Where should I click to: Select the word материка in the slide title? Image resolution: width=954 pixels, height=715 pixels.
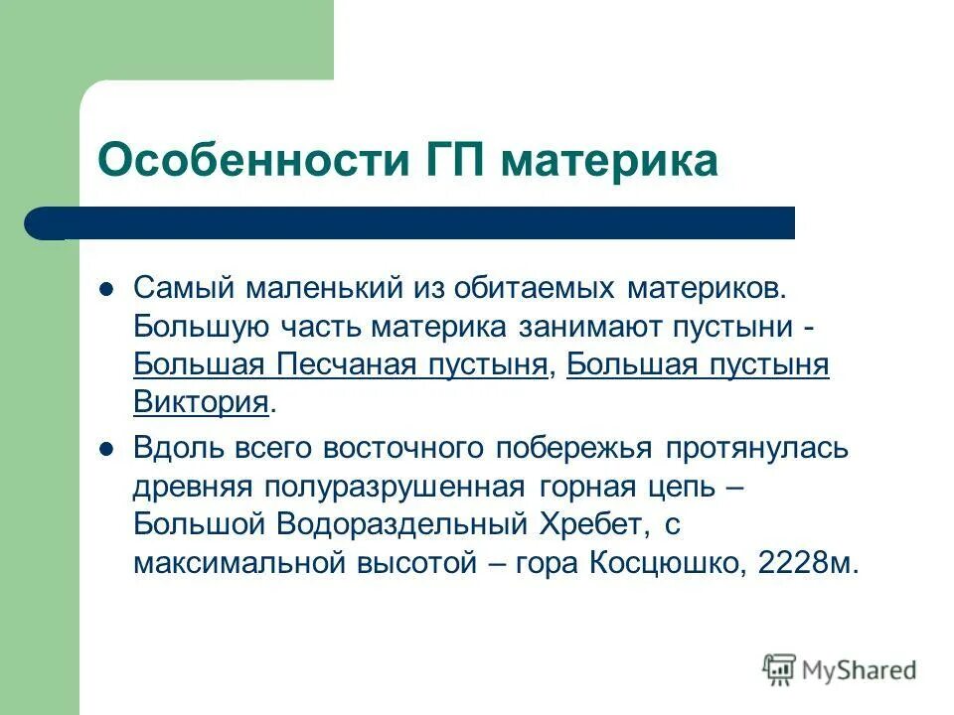pyautogui.click(x=608, y=161)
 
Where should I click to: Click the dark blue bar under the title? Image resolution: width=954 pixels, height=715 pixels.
pyautogui.click(x=417, y=223)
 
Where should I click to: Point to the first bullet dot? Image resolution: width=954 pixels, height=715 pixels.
pyautogui.click(x=109, y=289)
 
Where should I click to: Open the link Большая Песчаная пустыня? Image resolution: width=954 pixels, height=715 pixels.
pyautogui.click(x=340, y=364)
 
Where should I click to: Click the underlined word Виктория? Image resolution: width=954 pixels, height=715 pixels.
pyautogui.click(x=201, y=402)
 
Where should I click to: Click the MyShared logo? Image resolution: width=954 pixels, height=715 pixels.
pyautogui.click(x=840, y=671)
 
